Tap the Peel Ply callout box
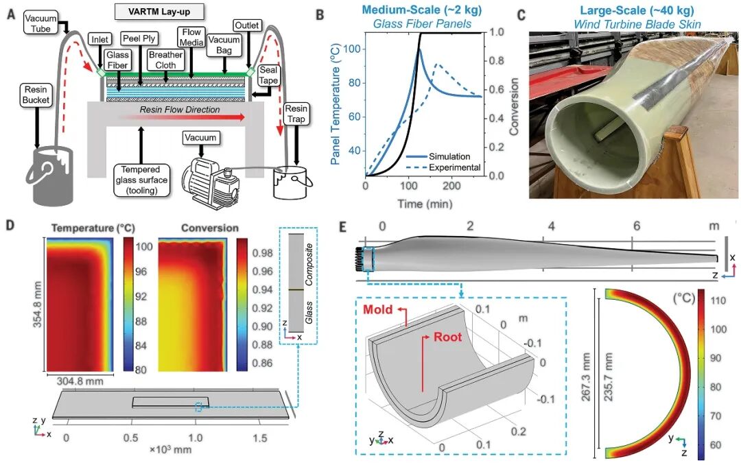[x=139, y=38]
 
